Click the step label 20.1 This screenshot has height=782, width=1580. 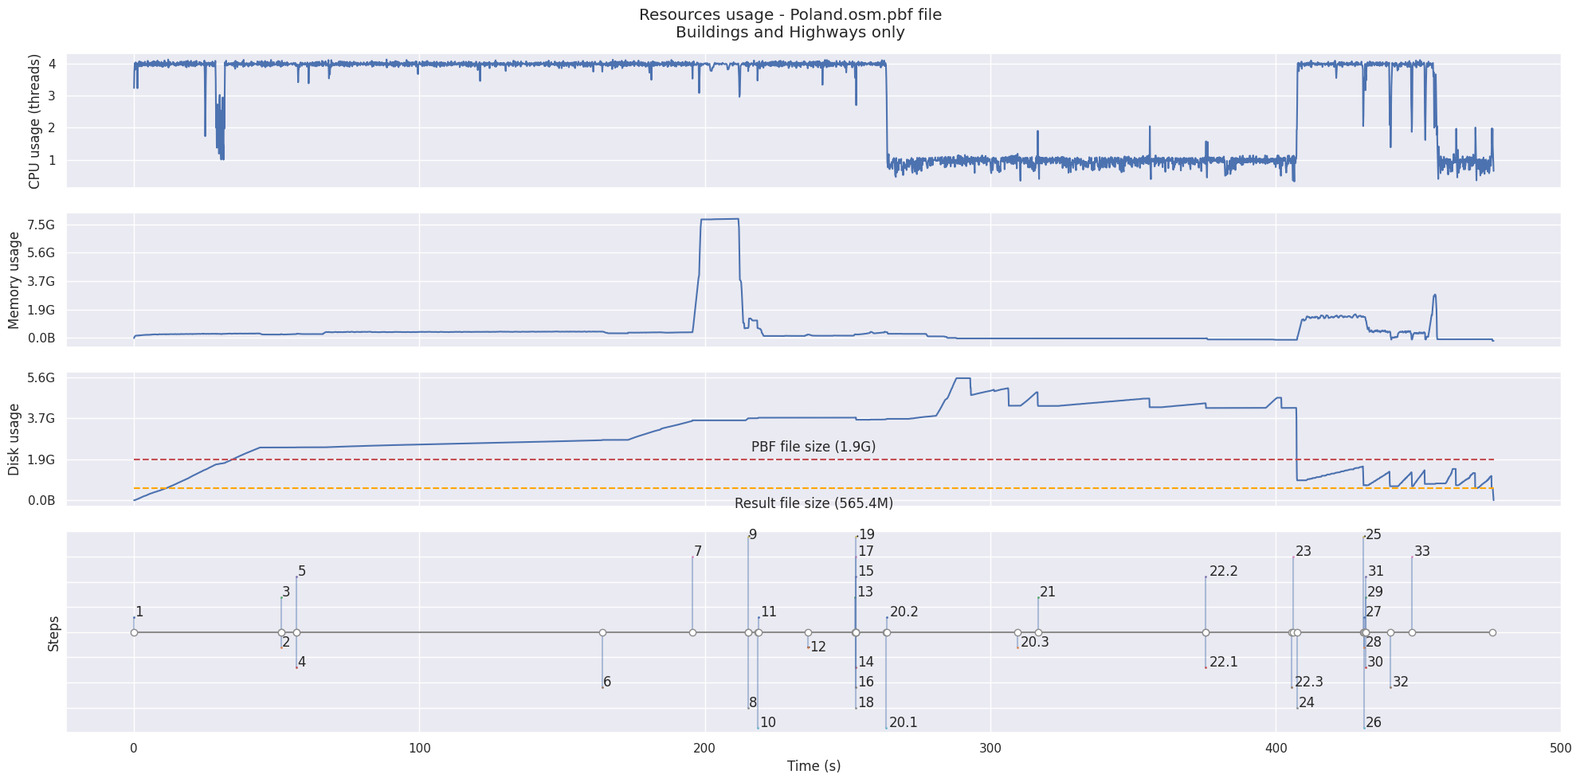pos(903,723)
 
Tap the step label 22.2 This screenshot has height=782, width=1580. pos(1223,572)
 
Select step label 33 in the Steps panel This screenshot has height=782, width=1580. pos(1421,552)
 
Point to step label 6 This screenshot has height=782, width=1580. pos(607,682)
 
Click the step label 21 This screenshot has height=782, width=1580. pos(1047,592)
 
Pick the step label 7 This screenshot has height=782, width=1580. pos(698,552)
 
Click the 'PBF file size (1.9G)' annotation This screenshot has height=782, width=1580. pos(813,448)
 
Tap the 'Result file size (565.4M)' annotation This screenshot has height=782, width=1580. pos(813,503)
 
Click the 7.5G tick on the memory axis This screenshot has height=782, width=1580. pos(40,225)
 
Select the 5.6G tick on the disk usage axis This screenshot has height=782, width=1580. pos(40,378)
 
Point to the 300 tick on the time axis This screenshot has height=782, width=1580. pos(990,749)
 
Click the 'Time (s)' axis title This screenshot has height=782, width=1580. pos(814,766)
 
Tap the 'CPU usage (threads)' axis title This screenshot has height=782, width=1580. pos(34,121)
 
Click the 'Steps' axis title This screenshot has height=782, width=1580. pos(53,633)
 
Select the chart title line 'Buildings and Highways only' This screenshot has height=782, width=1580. pos(790,33)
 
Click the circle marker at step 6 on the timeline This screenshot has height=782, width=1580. pos(602,633)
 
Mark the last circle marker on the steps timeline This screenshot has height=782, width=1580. pos(1492,633)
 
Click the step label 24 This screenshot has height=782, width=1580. pos(1306,703)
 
